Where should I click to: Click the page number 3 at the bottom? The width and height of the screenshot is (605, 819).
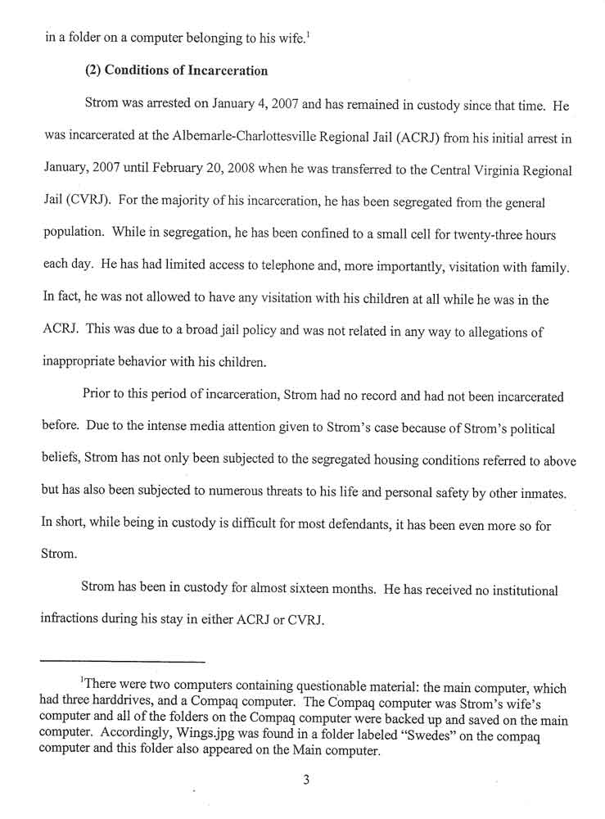pyautogui.click(x=305, y=780)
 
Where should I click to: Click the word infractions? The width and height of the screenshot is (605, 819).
pyautogui.click(x=73, y=620)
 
